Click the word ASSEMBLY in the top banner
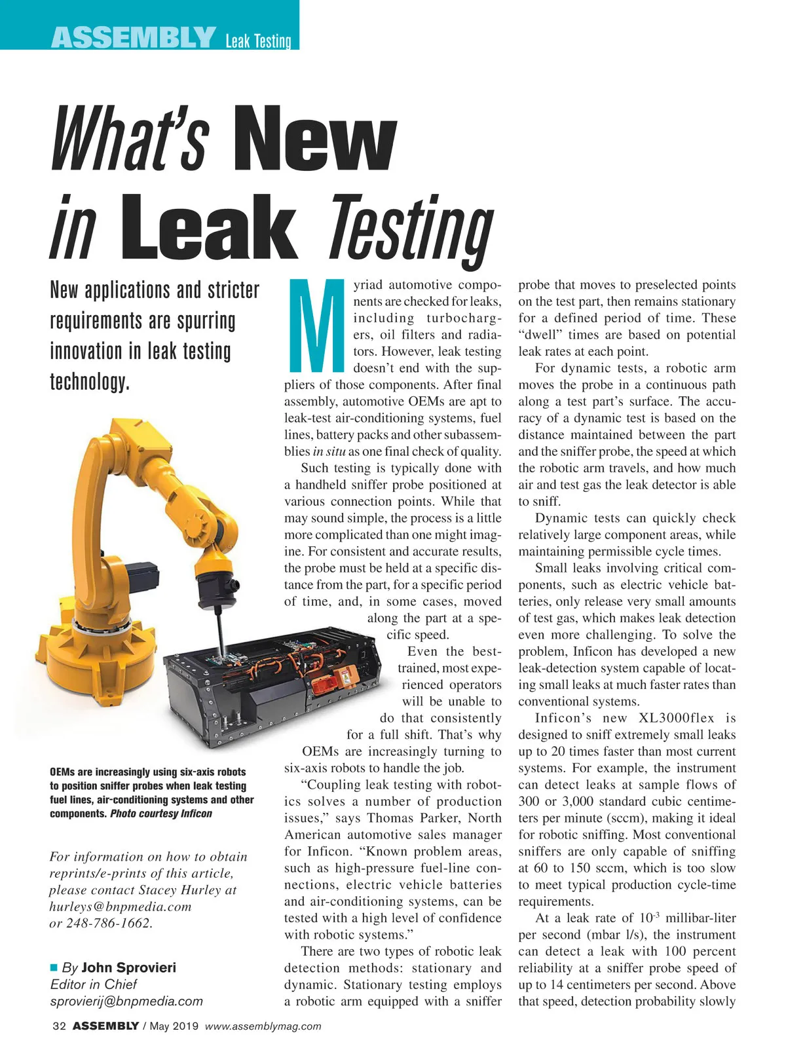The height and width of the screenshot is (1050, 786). (134, 37)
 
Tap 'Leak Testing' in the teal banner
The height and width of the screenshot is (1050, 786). (258, 41)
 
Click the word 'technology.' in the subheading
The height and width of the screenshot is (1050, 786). (90, 382)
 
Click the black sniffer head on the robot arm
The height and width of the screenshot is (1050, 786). (216, 580)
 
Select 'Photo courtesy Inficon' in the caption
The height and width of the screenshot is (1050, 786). (161, 814)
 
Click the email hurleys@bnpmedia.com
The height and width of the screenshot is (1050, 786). (121, 907)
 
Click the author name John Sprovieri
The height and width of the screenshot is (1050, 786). (128, 967)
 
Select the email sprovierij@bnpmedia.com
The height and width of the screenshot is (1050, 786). (126, 1001)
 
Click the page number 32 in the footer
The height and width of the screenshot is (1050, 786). (58, 1026)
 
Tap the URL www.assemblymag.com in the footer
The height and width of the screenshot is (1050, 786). (263, 1026)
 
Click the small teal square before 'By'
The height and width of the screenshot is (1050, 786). (54, 967)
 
